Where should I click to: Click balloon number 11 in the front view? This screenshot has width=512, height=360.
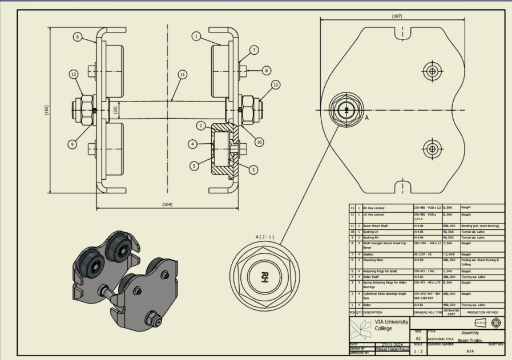(x=182, y=74)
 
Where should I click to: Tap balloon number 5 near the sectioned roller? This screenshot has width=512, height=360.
(x=194, y=166)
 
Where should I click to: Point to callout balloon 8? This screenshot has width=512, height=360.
(x=266, y=70)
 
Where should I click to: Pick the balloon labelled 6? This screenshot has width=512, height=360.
(x=76, y=37)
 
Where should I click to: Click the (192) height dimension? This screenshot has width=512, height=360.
(x=46, y=110)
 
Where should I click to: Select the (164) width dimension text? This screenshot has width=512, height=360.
(x=167, y=204)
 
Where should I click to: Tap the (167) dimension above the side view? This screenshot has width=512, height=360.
(x=397, y=17)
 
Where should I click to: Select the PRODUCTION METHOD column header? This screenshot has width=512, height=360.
(x=482, y=313)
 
